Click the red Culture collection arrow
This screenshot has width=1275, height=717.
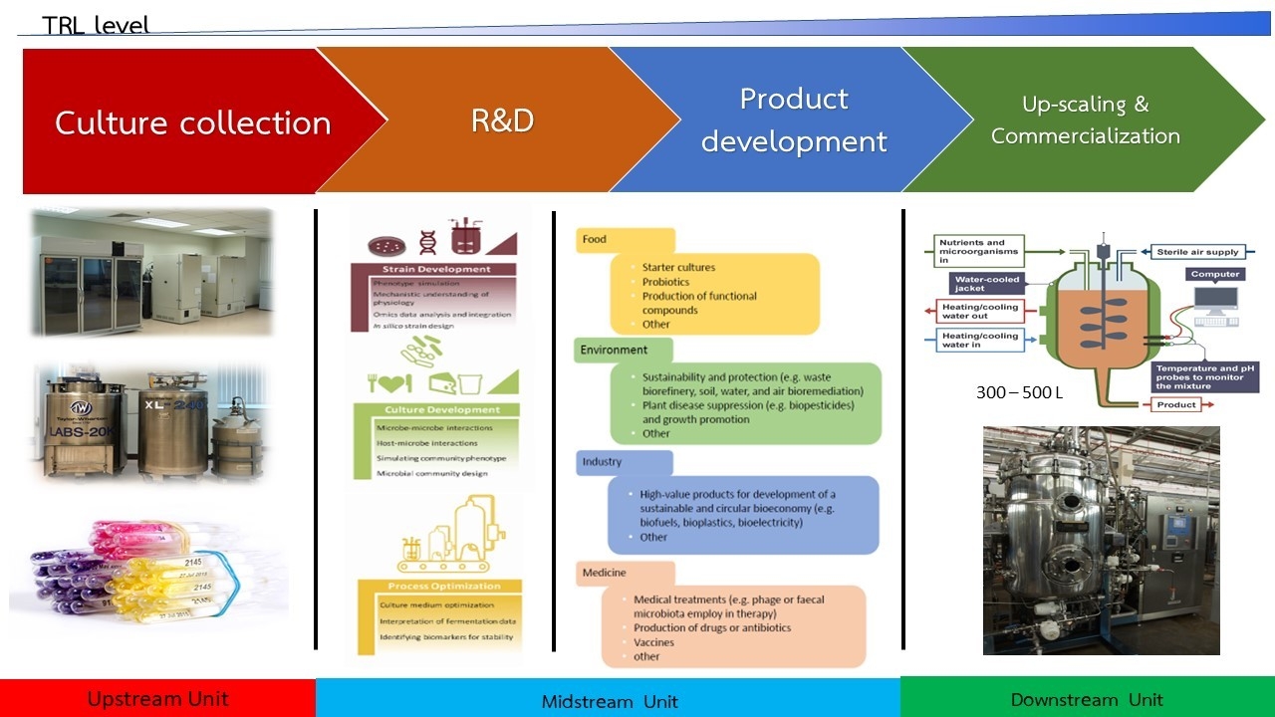(x=192, y=122)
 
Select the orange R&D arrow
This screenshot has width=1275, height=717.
(x=502, y=120)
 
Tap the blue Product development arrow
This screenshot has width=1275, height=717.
(x=794, y=120)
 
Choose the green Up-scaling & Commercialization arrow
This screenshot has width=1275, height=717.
(x=1085, y=119)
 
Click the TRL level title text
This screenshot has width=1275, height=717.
(x=96, y=25)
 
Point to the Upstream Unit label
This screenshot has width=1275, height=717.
(x=157, y=698)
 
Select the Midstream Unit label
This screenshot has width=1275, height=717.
(x=609, y=701)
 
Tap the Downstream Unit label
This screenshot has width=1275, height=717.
(x=1087, y=699)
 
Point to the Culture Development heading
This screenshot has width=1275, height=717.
(x=435, y=409)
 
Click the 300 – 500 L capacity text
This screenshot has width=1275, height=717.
(x=1020, y=392)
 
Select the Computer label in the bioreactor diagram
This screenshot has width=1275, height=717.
(x=1215, y=274)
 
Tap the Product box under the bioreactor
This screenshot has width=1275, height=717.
(x=1176, y=405)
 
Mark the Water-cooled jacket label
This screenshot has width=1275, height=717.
(x=986, y=284)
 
